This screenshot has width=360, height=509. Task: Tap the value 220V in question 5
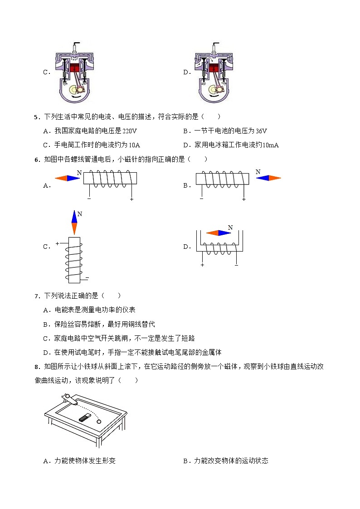click(129, 131)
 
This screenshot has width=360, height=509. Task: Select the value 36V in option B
click(261, 131)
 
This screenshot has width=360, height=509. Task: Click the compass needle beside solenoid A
click(68, 178)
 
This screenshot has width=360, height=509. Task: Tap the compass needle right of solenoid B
click(268, 178)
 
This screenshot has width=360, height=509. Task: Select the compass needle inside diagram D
click(219, 233)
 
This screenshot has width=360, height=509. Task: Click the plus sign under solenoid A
click(131, 199)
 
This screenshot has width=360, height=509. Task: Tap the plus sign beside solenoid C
click(58, 243)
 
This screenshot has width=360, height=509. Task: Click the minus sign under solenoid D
click(236, 265)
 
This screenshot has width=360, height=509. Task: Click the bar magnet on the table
click(85, 417)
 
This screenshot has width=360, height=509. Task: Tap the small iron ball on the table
click(99, 421)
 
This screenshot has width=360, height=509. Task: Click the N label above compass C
click(80, 213)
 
